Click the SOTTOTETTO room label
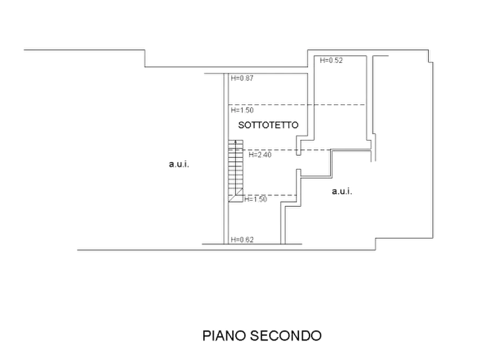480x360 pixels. point(268,125)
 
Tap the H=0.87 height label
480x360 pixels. point(242,78)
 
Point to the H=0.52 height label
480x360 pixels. point(331,60)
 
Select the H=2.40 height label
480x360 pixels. point(260,155)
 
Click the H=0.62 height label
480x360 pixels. point(242,240)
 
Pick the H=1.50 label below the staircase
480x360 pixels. point(256,199)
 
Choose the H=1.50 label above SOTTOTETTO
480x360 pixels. point(242,110)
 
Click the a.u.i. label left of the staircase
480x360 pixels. point(179,164)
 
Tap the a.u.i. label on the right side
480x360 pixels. point(342,191)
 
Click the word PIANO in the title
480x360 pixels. point(224,335)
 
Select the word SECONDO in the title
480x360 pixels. point(286,335)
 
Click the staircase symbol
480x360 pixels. point(236,171)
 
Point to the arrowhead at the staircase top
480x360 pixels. point(235,141)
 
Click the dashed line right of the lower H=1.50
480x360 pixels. point(270,195)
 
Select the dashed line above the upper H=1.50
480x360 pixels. point(297,105)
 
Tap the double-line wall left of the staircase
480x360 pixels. point(226,159)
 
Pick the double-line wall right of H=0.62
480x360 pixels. point(283,224)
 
